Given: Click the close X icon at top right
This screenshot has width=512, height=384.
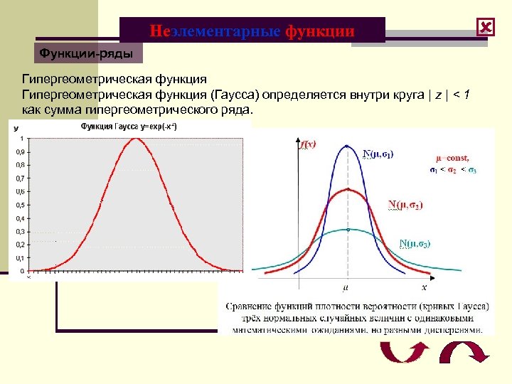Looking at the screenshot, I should coord(486,27).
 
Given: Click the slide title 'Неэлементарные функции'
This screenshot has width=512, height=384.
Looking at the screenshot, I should coord(252,31).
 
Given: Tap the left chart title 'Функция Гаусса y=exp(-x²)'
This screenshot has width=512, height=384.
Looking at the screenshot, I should coord(129,126).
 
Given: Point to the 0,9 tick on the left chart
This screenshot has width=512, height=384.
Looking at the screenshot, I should coord(19,151).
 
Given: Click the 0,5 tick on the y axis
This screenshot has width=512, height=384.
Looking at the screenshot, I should coord(19,205).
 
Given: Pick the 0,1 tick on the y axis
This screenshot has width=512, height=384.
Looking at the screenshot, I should coord(19,257).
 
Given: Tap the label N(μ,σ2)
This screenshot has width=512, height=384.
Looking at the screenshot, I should coord(405,206).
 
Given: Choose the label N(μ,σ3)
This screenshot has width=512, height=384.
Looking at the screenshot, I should coord(414,243).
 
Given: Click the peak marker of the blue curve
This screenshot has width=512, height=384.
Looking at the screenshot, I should coord(346,146).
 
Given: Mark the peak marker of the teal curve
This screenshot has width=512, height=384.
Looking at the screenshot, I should coord(346,229).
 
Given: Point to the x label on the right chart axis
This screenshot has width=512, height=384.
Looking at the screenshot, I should coord(424,287).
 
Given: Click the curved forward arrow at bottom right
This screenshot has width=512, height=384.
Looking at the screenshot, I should coord(463,353).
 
